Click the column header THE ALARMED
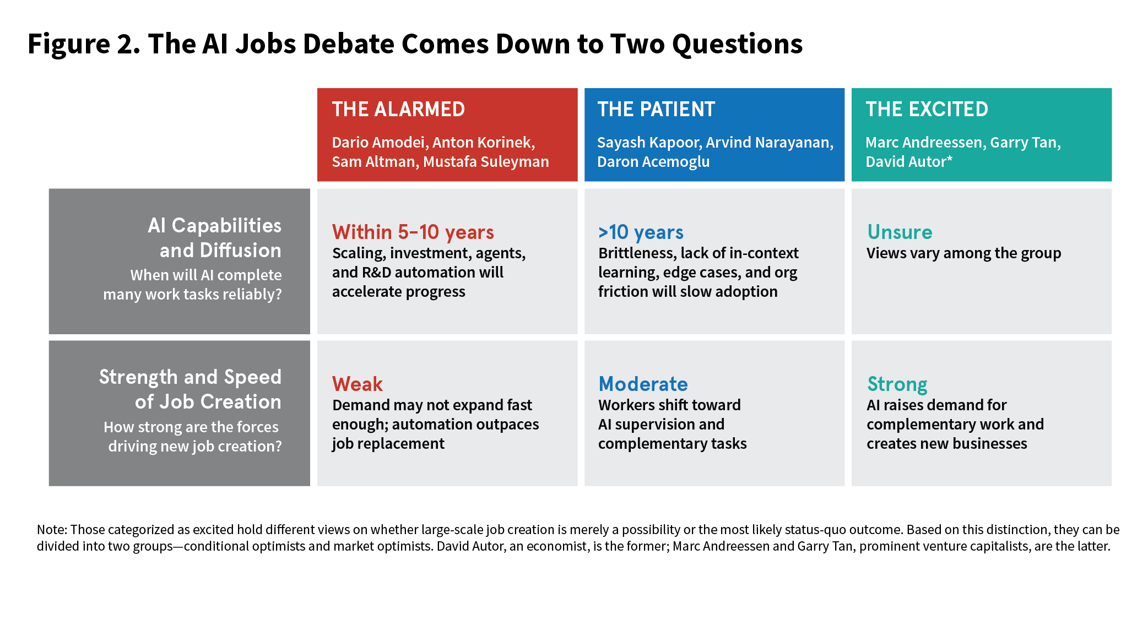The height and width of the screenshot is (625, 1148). coord(398,109)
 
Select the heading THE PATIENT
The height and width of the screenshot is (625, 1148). coord(656,109)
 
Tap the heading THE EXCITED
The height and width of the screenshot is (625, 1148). coord(927,109)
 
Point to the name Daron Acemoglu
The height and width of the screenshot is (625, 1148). coord(653,162)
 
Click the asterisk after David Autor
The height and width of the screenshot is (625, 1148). coord(950,160)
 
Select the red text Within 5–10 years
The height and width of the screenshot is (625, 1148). coord(413,232)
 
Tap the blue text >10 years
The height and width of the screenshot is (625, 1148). coord(641,232)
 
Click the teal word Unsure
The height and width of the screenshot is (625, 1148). coord(900,232)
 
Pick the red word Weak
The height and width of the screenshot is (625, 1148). coord(357,384)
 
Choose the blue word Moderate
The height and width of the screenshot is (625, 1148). coord(643,384)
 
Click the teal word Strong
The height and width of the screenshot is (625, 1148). coord(897,384)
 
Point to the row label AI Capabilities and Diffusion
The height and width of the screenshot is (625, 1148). coord(215,237)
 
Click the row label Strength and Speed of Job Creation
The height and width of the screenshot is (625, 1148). coord(191,389)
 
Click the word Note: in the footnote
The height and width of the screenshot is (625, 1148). coord(52,530)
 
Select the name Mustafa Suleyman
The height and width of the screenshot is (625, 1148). coord(486,162)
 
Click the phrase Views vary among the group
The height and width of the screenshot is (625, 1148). coord(963,253)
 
